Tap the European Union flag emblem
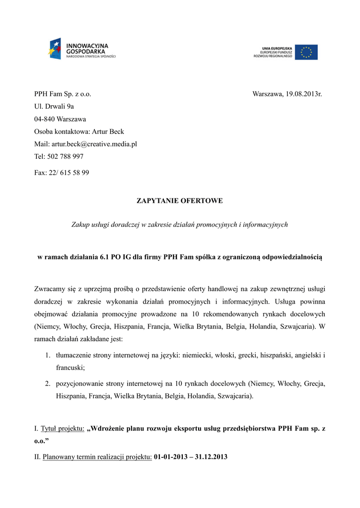pyautogui.click(x=306, y=52)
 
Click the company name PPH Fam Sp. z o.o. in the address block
pyautogui.click(x=63, y=94)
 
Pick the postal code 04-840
pyautogui.click(x=45, y=119)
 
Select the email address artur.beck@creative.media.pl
pyautogui.click(x=94, y=144)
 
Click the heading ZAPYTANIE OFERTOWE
pyautogui.click(x=180, y=201)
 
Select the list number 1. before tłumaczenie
pyautogui.click(x=48, y=356)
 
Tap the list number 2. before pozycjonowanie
pyautogui.click(x=48, y=384)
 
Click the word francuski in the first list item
pyautogui.click(x=70, y=368)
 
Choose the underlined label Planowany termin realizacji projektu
pyautogui.click(x=97, y=457)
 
